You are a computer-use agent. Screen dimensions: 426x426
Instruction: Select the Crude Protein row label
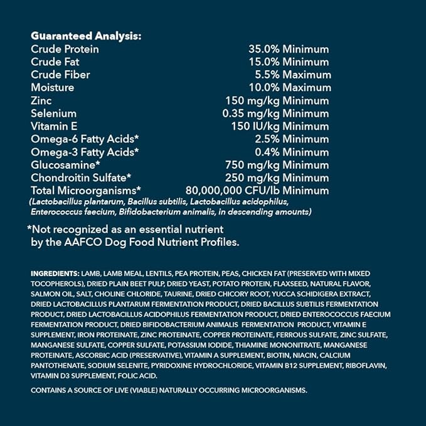pyautogui.click(x=65, y=49)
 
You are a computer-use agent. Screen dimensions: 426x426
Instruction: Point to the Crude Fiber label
pyautogui.click(x=60, y=75)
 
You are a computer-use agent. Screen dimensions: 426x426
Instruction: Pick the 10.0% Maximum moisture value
pyautogui.click(x=288, y=87)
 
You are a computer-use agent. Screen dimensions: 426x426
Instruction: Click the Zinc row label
pyautogui.click(x=41, y=100)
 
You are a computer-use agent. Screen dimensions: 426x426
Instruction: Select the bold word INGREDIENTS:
pyautogui.click(x=55, y=274)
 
